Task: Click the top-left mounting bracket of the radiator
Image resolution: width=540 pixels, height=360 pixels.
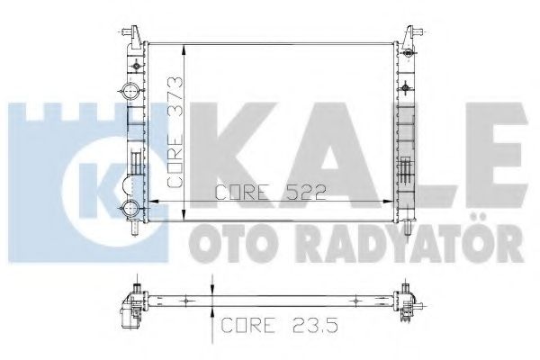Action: [x=132, y=33]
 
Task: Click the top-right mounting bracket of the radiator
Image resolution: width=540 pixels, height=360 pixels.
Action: [x=410, y=33]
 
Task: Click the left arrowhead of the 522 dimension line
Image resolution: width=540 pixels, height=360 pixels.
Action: [x=149, y=199]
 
